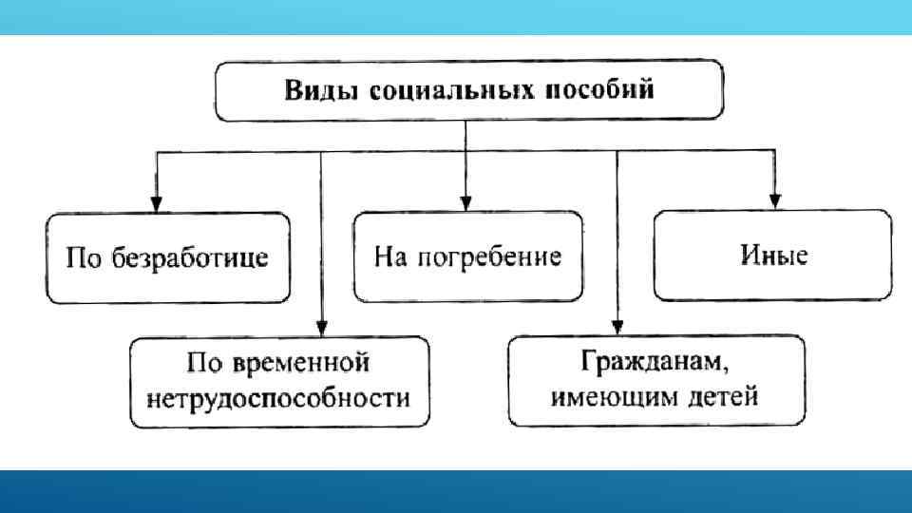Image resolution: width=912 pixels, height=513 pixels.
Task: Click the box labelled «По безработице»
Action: [x=166, y=257]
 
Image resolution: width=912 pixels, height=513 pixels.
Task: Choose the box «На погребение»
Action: [x=467, y=256]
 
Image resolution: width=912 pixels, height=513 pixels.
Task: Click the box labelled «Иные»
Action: [x=772, y=255]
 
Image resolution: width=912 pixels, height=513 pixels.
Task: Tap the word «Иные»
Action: [x=772, y=255]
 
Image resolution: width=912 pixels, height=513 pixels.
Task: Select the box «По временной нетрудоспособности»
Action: [x=279, y=381]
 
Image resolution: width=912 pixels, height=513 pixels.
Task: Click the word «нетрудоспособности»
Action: [x=279, y=396]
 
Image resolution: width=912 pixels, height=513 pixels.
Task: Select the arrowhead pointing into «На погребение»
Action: [x=465, y=202]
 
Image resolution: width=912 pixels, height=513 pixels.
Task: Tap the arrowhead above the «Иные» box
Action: [x=774, y=200]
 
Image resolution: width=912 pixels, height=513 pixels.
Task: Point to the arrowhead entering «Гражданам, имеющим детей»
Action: [x=617, y=326]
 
